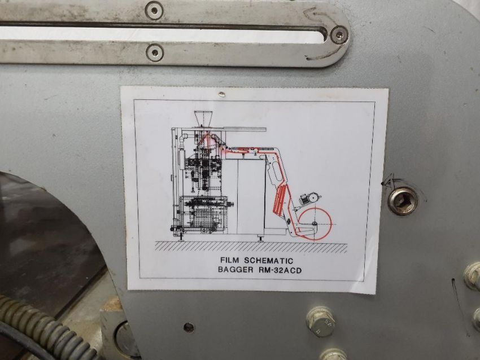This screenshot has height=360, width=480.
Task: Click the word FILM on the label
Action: (231, 261)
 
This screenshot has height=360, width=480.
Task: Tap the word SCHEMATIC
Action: (269, 261)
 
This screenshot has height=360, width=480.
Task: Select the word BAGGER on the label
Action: (235, 270)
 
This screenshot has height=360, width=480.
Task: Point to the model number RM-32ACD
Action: (279, 270)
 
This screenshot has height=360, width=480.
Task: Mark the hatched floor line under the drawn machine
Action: (251, 247)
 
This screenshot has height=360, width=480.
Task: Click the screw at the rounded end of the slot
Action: (339, 34)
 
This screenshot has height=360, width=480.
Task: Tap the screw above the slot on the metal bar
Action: (154, 11)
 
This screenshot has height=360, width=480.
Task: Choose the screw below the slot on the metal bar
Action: (155, 52)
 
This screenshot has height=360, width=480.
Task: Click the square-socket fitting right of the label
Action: (403, 201)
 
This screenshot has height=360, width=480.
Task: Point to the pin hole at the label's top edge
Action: (221, 94)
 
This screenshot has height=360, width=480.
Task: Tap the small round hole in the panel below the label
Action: (189, 327)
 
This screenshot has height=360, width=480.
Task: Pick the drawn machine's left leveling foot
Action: (181, 238)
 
